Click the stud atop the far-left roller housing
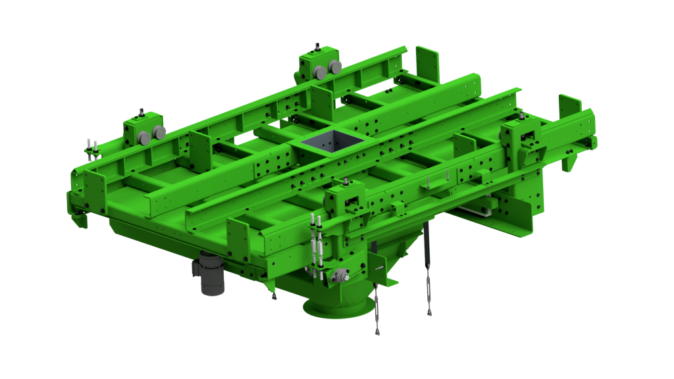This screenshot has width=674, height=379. pos(141,113)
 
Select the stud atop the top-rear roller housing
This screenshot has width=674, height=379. pos(316,47)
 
